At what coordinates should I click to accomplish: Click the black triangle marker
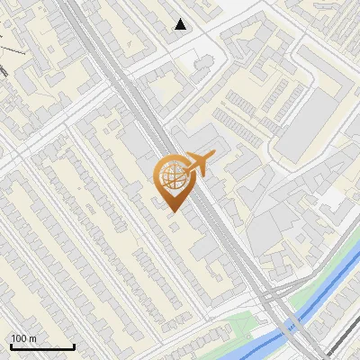coord(181,24)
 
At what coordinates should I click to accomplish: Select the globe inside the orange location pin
coord(172,177)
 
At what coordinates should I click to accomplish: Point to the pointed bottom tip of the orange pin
coord(172,211)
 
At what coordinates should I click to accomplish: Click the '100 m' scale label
coord(23,338)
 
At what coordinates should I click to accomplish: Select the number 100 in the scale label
coord(19,338)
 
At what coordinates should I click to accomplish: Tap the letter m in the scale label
coord(32,338)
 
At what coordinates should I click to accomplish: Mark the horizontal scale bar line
coord(42,346)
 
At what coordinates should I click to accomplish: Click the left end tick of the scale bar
coord(11,345)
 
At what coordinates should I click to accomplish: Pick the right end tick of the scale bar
coord(74,345)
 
